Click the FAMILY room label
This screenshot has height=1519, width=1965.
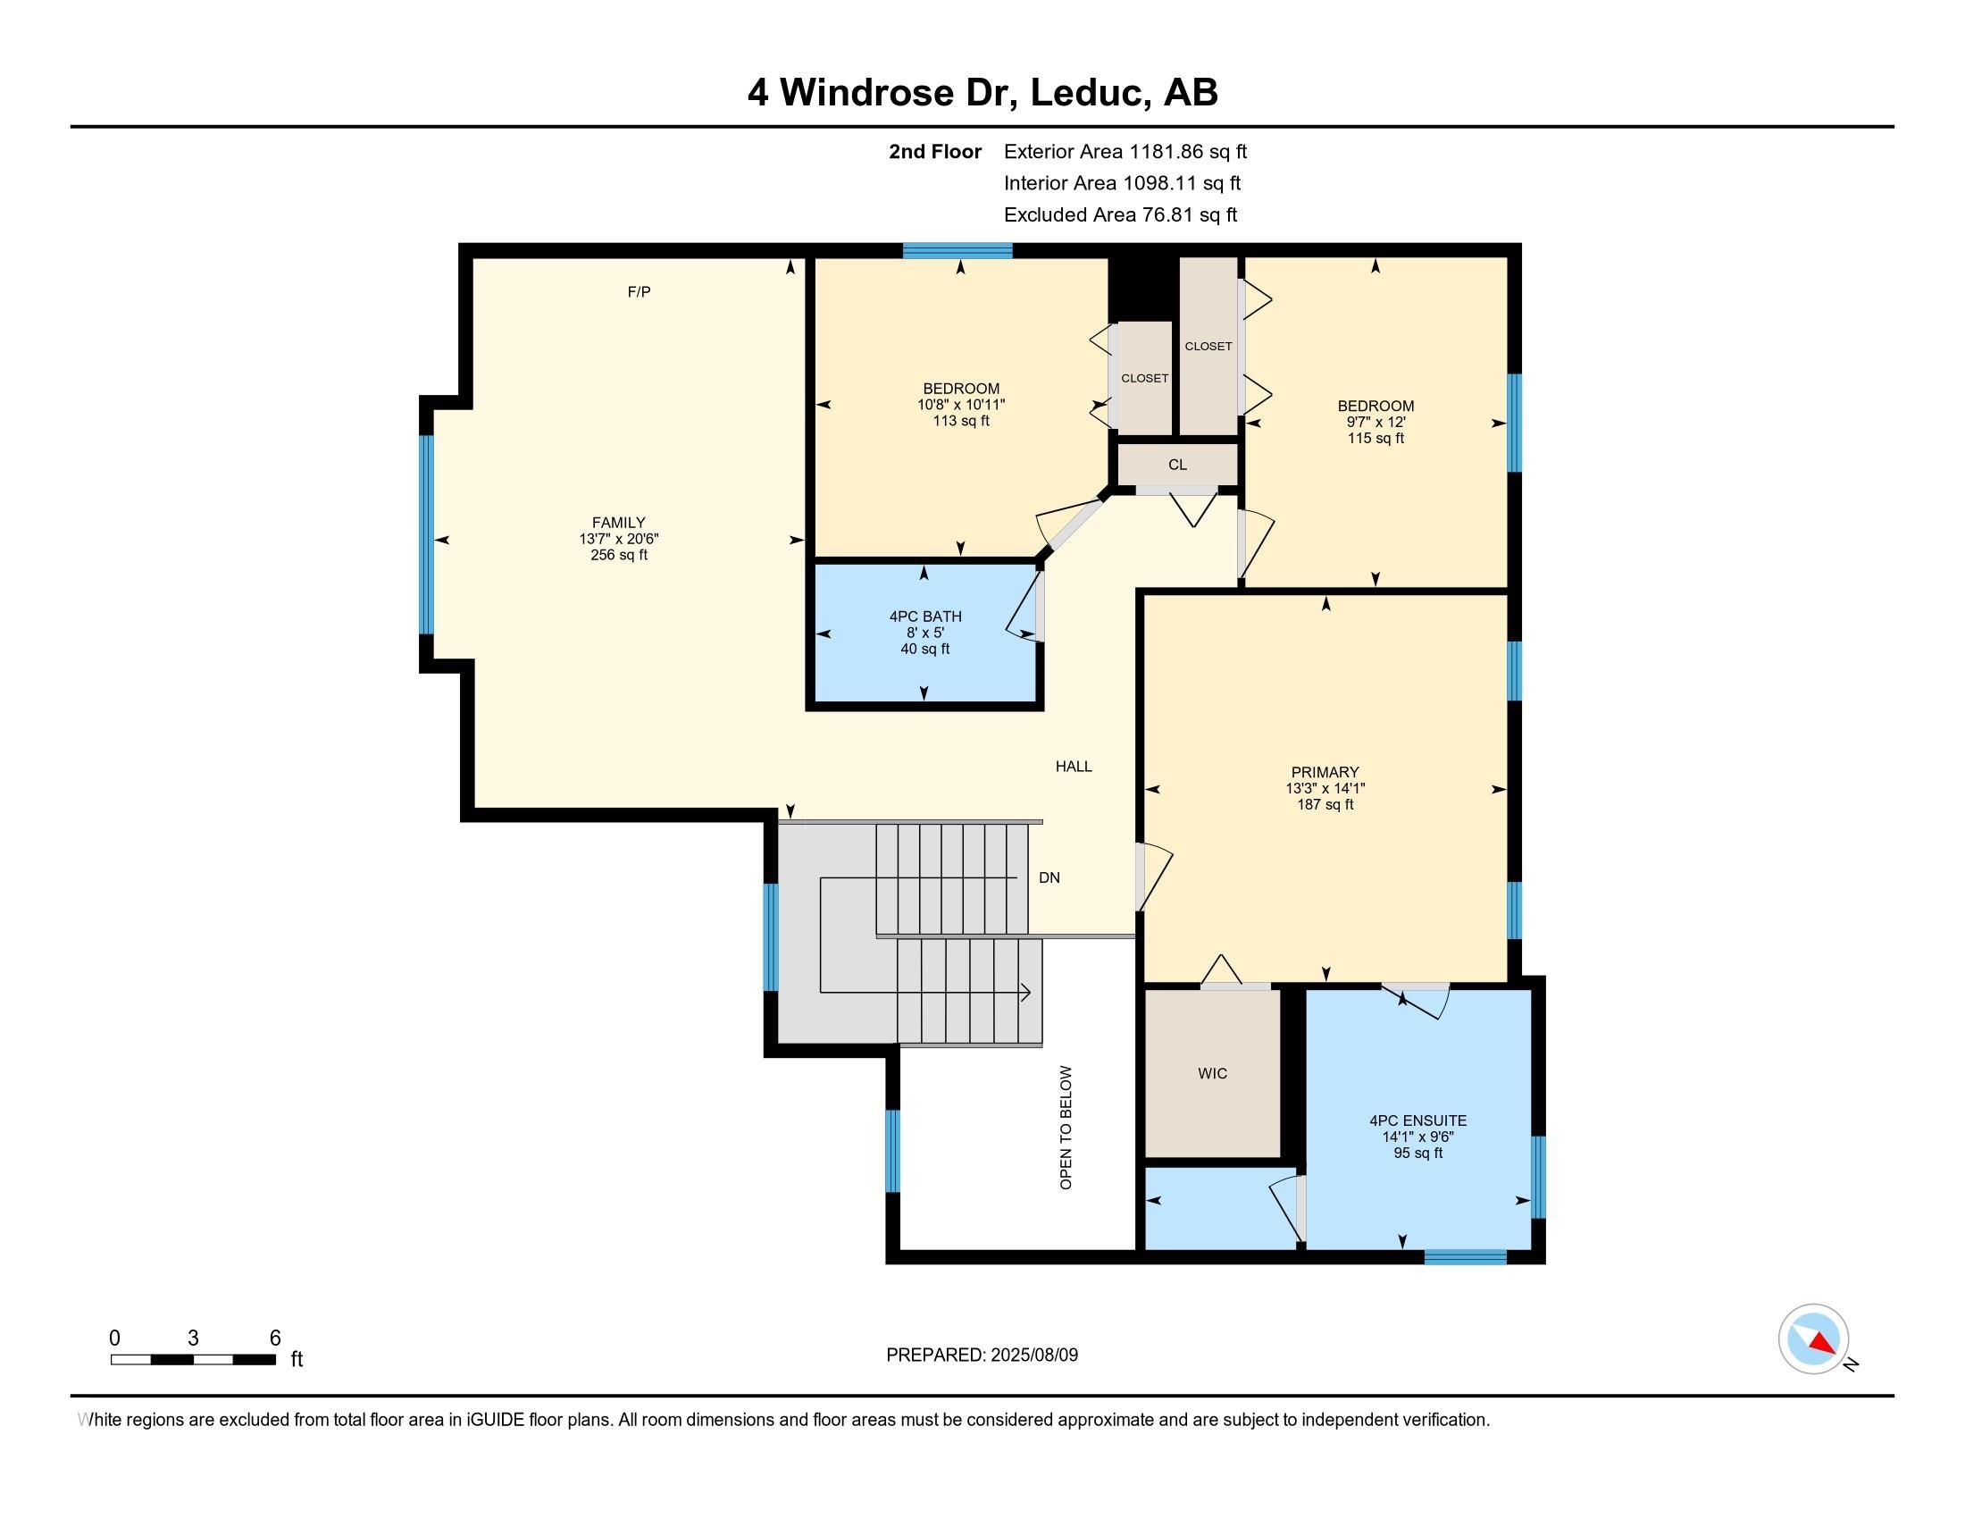click(x=618, y=523)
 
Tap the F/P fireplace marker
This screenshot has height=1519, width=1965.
click(x=639, y=291)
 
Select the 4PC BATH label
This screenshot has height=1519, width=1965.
click(x=925, y=617)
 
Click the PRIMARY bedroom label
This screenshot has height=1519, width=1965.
click(x=1325, y=772)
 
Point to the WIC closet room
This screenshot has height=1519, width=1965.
click(x=1212, y=1073)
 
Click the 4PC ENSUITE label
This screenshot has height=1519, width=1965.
click(x=1418, y=1120)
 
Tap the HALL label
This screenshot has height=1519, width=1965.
click(x=1074, y=766)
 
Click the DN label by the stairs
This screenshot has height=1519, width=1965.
click(x=1049, y=877)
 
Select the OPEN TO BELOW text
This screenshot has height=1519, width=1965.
click(x=1066, y=1128)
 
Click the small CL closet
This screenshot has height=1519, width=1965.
click(x=1177, y=465)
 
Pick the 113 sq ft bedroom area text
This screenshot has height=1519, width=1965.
click(x=961, y=421)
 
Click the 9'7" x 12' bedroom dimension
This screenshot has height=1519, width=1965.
click(x=1375, y=422)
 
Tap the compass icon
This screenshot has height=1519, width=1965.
click(x=1813, y=1339)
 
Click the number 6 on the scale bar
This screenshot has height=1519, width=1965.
click(x=275, y=1339)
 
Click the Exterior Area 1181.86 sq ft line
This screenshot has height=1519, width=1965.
click(x=1125, y=152)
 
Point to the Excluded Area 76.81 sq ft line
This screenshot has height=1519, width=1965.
click(x=1120, y=215)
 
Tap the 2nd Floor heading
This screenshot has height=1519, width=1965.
click(x=935, y=152)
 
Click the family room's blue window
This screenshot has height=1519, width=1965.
click(x=426, y=534)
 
